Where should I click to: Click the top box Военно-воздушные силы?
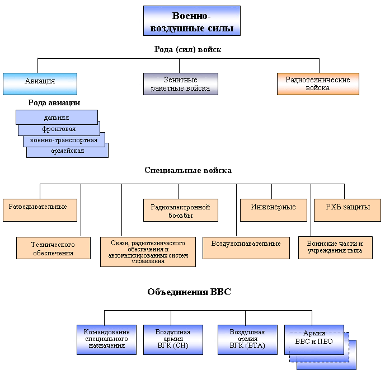191,21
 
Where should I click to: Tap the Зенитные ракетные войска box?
180,84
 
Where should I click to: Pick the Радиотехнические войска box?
318,84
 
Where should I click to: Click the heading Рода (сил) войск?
187,49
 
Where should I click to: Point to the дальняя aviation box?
57,117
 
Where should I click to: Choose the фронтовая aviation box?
59,129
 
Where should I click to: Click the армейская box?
67,151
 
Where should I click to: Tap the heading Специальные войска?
187,170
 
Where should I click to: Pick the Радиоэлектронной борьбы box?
180,211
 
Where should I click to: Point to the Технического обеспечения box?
53,248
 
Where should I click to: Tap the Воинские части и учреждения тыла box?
335,247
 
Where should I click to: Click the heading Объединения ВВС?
189,292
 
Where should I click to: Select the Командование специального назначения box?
106,339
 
